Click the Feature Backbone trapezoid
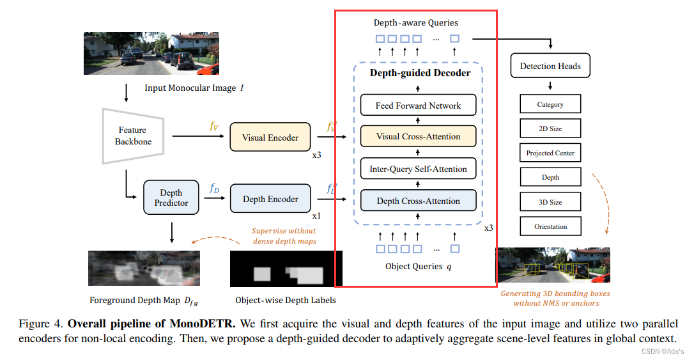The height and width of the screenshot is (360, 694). coord(134,136)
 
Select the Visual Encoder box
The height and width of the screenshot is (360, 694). coord(270,137)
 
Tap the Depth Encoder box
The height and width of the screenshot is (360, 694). coord(270,199)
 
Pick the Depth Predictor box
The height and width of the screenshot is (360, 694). coord(171,198)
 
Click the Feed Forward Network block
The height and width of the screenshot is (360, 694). coord(418,106)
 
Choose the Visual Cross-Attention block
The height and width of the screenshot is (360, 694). coord(418,136)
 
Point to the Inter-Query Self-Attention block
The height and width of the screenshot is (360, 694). coord(418,169)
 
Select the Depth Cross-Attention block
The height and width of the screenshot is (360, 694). coord(418,201)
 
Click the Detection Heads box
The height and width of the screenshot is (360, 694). coord(550,66)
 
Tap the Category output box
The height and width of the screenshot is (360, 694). coord(550,104)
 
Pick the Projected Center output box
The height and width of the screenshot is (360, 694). coord(550,153)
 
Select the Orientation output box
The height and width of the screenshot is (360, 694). coord(550,226)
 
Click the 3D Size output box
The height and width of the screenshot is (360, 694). coord(550,202)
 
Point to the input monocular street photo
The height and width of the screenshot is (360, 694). coord(151,53)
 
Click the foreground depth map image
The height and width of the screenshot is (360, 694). coord(144,267)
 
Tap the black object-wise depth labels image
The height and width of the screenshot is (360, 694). coord(286,269)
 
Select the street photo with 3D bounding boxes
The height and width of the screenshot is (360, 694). coord(553,265)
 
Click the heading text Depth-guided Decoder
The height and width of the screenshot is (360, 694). coord(420,73)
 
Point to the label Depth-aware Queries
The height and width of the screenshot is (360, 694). coord(415,23)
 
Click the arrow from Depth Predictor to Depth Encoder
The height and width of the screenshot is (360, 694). coord(215,198)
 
